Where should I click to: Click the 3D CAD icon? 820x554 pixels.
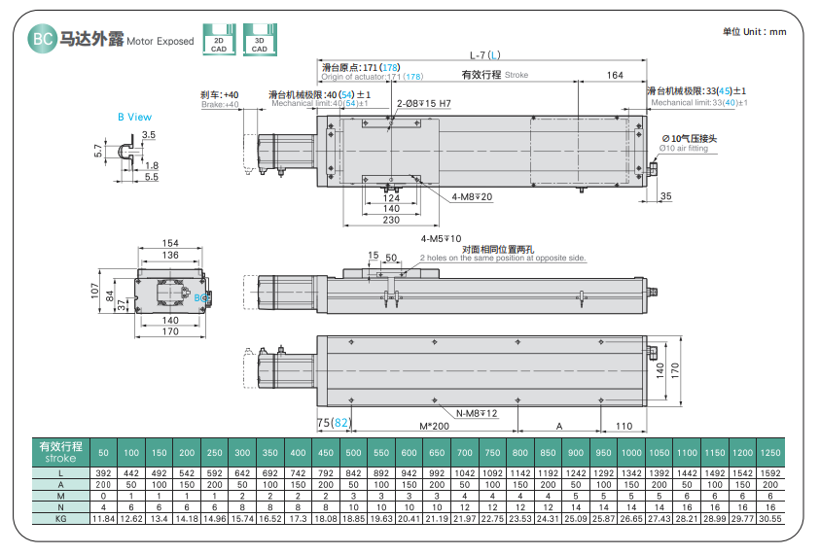click(x=258, y=38)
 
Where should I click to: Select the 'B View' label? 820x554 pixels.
click(x=134, y=117)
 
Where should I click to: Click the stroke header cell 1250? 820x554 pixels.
click(x=769, y=454)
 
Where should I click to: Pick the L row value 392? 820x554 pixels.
click(x=103, y=472)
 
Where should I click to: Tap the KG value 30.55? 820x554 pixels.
click(x=769, y=519)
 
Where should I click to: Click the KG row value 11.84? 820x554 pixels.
click(x=103, y=519)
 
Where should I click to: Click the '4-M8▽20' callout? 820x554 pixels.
click(x=472, y=196)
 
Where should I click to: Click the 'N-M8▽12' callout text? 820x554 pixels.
click(x=477, y=414)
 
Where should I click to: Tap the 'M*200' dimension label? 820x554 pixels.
click(x=434, y=426)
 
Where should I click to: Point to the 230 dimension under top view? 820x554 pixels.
click(x=391, y=221)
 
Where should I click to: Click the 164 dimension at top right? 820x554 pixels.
click(x=614, y=75)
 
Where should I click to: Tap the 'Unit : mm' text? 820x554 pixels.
click(x=754, y=32)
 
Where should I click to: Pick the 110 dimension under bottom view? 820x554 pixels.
click(x=624, y=426)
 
